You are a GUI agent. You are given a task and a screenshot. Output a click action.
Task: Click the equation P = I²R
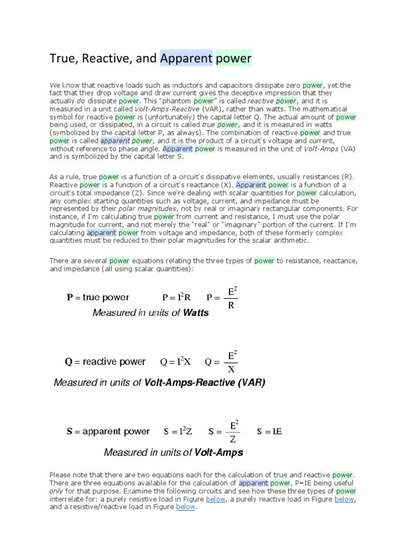click(x=176, y=297)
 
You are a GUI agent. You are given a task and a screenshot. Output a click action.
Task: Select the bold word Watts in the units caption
click(x=196, y=313)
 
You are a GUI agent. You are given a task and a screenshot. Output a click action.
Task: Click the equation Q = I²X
click(x=176, y=362)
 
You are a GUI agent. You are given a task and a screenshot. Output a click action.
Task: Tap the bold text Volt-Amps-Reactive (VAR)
click(x=204, y=383)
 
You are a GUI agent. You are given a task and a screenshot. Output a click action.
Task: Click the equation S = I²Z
click(x=178, y=432)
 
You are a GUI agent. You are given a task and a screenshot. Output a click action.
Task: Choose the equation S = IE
click(x=269, y=432)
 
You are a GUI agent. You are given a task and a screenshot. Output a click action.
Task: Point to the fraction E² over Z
click(x=233, y=432)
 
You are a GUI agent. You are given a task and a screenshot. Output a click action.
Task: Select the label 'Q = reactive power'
click(x=105, y=362)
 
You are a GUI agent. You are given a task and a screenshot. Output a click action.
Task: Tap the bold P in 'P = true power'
click(x=69, y=298)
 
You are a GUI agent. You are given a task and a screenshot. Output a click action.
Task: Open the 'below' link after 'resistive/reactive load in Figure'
click(x=185, y=507)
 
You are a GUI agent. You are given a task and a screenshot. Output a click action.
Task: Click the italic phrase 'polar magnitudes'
click(x=146, y=208)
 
